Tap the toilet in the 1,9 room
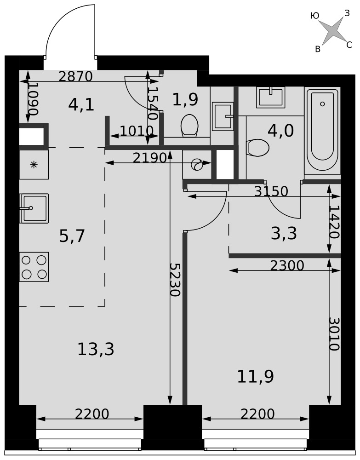pyautogui.click(x=189, y=126)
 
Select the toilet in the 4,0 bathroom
pyautogui.click(x=257, y=148)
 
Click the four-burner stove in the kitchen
pyautogui.click(x=34, y=267)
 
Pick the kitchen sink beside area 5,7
pyautogui.click(x=34, y=208)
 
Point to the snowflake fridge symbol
pyautogui.click(x=34, y=165)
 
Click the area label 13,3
pyautogui.click(x=96, y=350)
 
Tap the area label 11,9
pyautogui.click(x=255, y=376)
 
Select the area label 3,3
pyautogui.click(x=284, y=234)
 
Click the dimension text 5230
pyautogui.click(x=175, y=279)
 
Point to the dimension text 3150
pyautogui.click(x=271, y=191)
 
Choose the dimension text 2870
pyautogui.click(x=76, y=76)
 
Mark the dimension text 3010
pyautogui.click(x=334, y=334)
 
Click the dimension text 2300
pyautogui.click(x=287, y=266)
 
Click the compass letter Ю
pyautogui.click(x=315, y=16)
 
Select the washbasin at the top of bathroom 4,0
pyautogui.click(x=271, y=97)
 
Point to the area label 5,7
pyautogui.click(x=72, y=236)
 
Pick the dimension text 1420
pyautogui.click(x=334, y=222)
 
